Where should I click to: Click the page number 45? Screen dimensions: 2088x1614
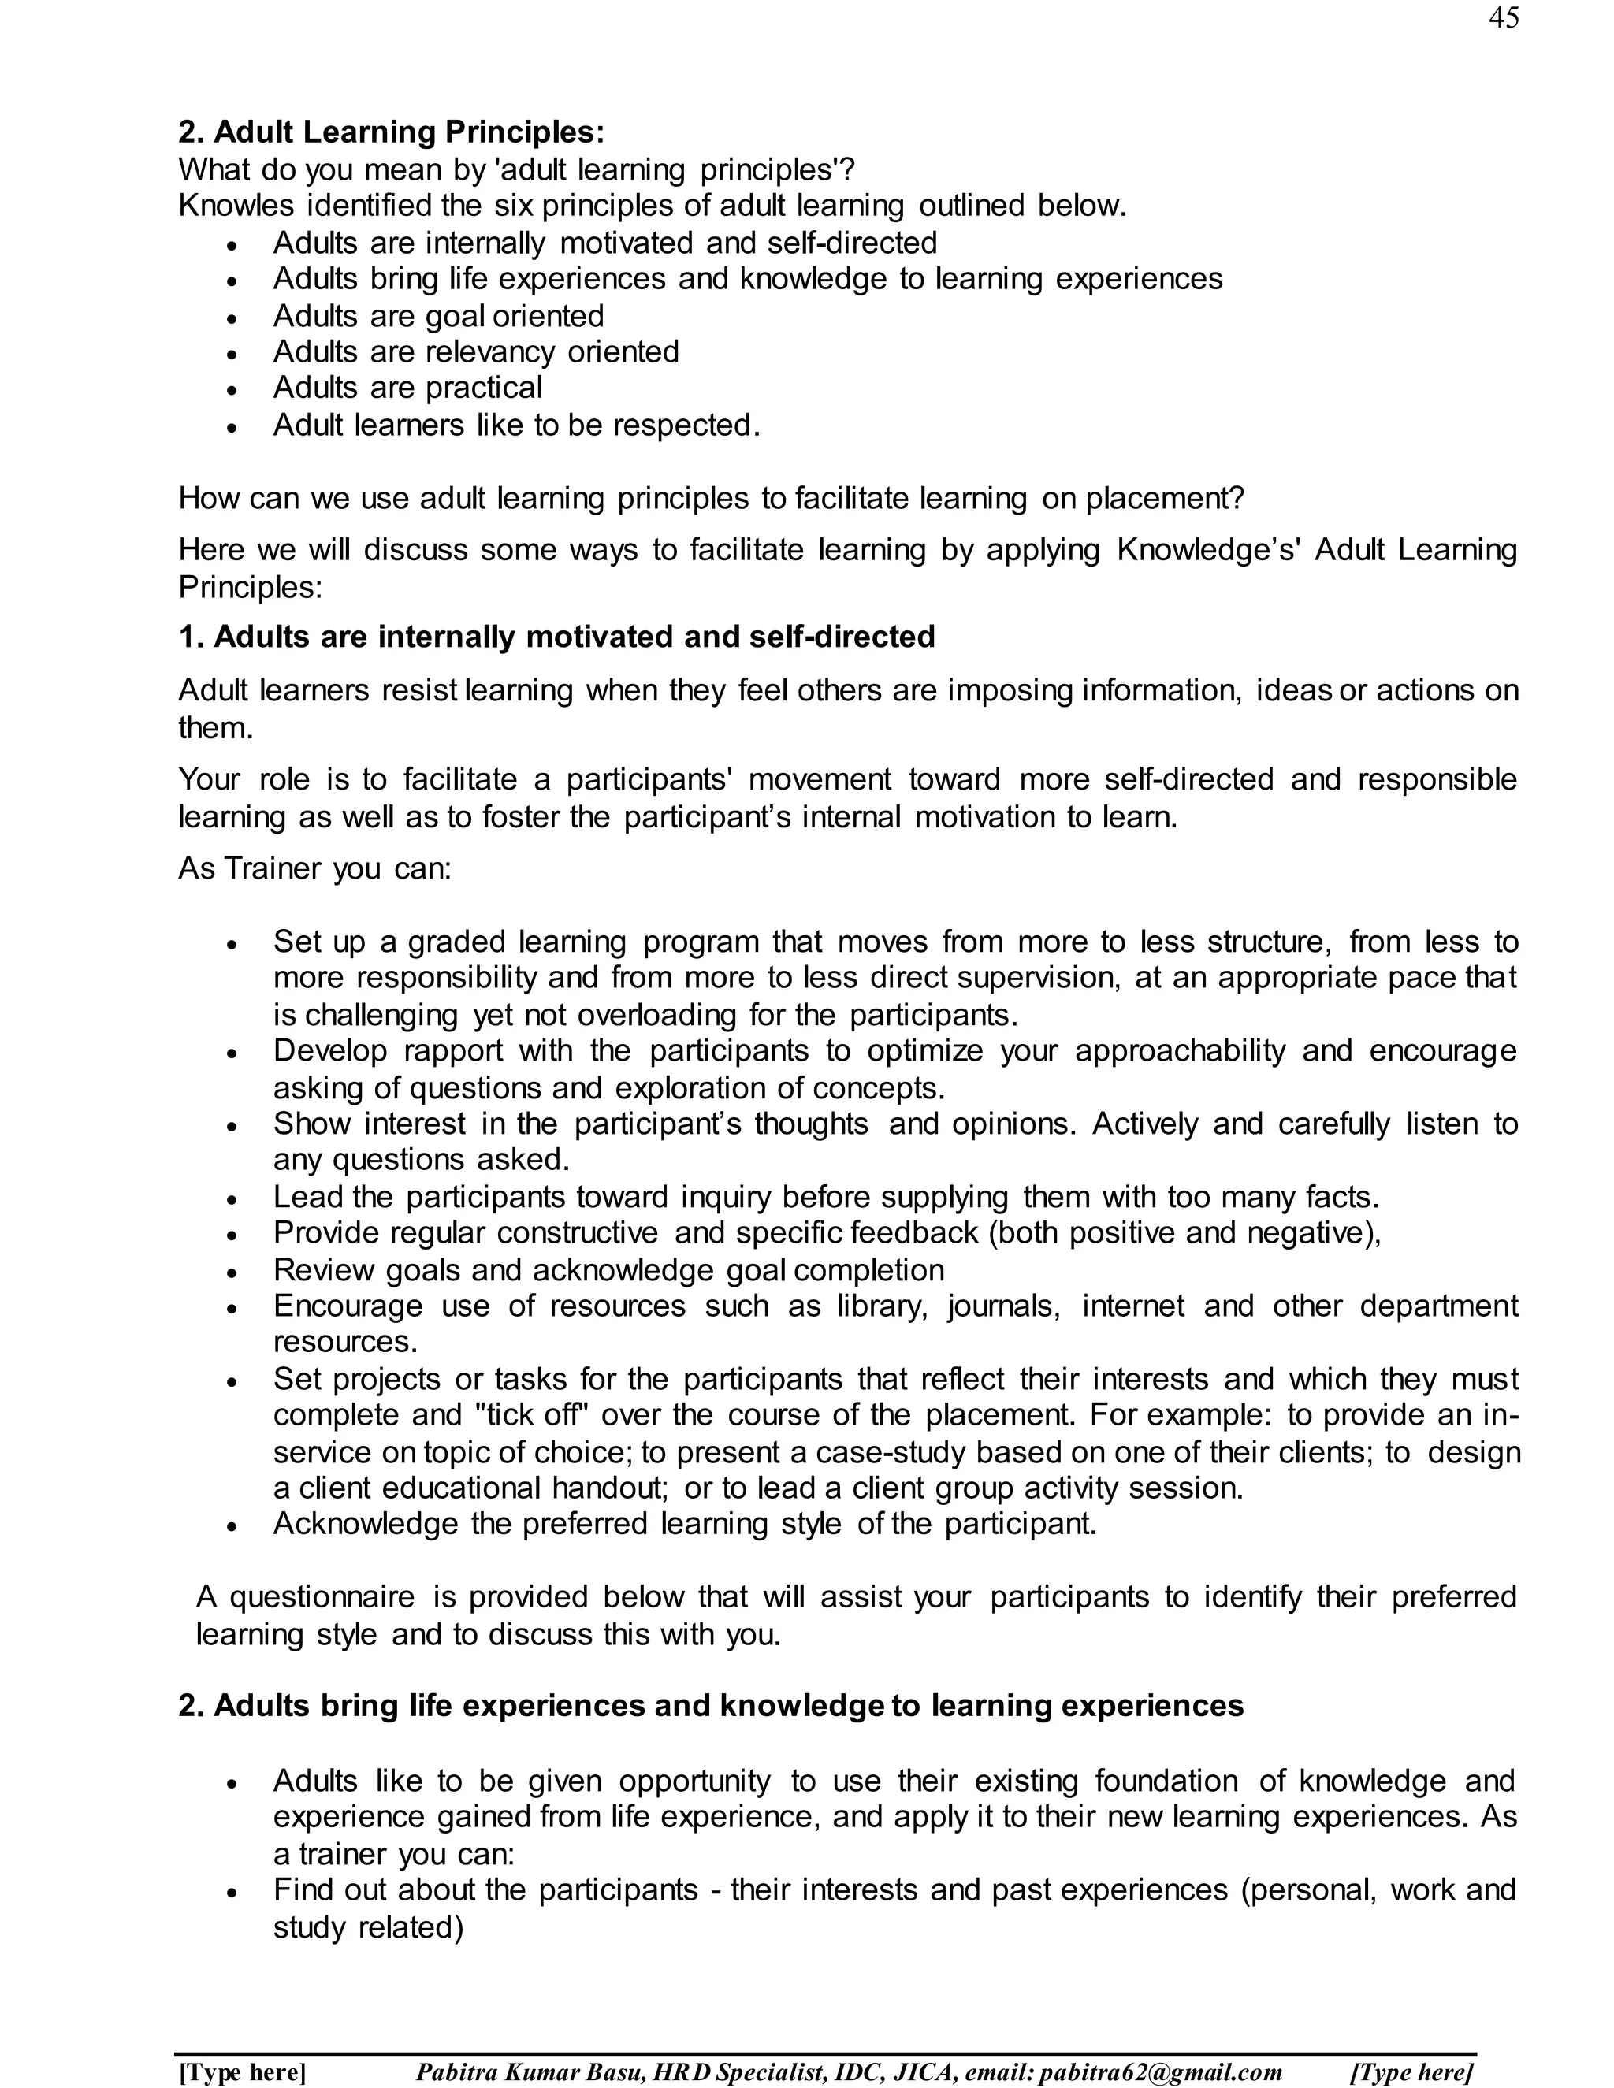(x=1502, y=18)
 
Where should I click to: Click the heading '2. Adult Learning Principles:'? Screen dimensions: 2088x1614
(x=391, y=132)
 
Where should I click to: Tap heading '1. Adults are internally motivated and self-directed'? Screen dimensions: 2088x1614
(x=556, y=637)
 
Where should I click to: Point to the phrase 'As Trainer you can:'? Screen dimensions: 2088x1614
(x=314, y=868)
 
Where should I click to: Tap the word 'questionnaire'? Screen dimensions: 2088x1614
(x=322, y=1596)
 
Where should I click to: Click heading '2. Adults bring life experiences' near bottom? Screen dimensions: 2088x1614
(x=710, y=1706)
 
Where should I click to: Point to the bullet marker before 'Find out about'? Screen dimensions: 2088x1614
(x=232, y=1892)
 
